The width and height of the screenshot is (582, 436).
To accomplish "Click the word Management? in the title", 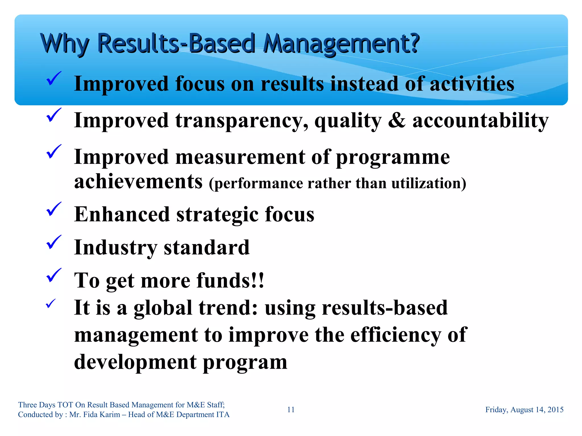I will [341, 44].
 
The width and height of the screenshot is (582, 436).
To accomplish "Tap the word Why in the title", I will [65, 44].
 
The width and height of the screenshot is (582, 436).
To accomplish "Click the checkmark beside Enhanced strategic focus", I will [53, 209].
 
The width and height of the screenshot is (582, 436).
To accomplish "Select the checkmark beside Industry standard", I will [53, 242].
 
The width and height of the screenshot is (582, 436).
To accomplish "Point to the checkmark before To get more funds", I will [53, 275].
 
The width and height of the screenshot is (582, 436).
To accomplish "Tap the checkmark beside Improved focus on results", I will [53, 79].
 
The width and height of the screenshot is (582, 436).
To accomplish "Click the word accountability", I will [480, 121].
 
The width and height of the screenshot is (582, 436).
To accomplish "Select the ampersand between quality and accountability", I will [397, 121].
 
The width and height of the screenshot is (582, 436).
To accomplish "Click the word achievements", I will [138, 182].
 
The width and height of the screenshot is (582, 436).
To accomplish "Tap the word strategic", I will [217, 215].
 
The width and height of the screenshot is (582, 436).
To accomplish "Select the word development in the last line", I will [135, 362].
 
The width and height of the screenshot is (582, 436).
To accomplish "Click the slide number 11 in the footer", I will [291, 410].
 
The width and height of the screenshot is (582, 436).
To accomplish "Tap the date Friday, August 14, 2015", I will [524, 410].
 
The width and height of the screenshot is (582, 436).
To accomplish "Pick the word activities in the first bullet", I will [472, 84].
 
